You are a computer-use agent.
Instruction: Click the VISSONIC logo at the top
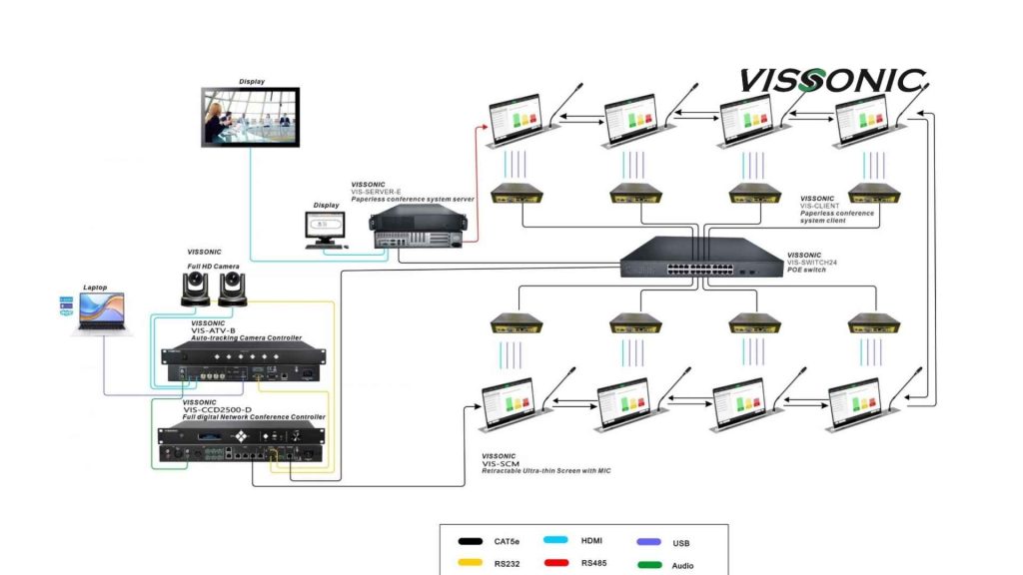click(x=831, y=81)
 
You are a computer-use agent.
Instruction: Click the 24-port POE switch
click(x=701, y=262)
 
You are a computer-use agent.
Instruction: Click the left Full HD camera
click(x=193, y=290)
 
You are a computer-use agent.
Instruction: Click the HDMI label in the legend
click(x=591, y=541)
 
